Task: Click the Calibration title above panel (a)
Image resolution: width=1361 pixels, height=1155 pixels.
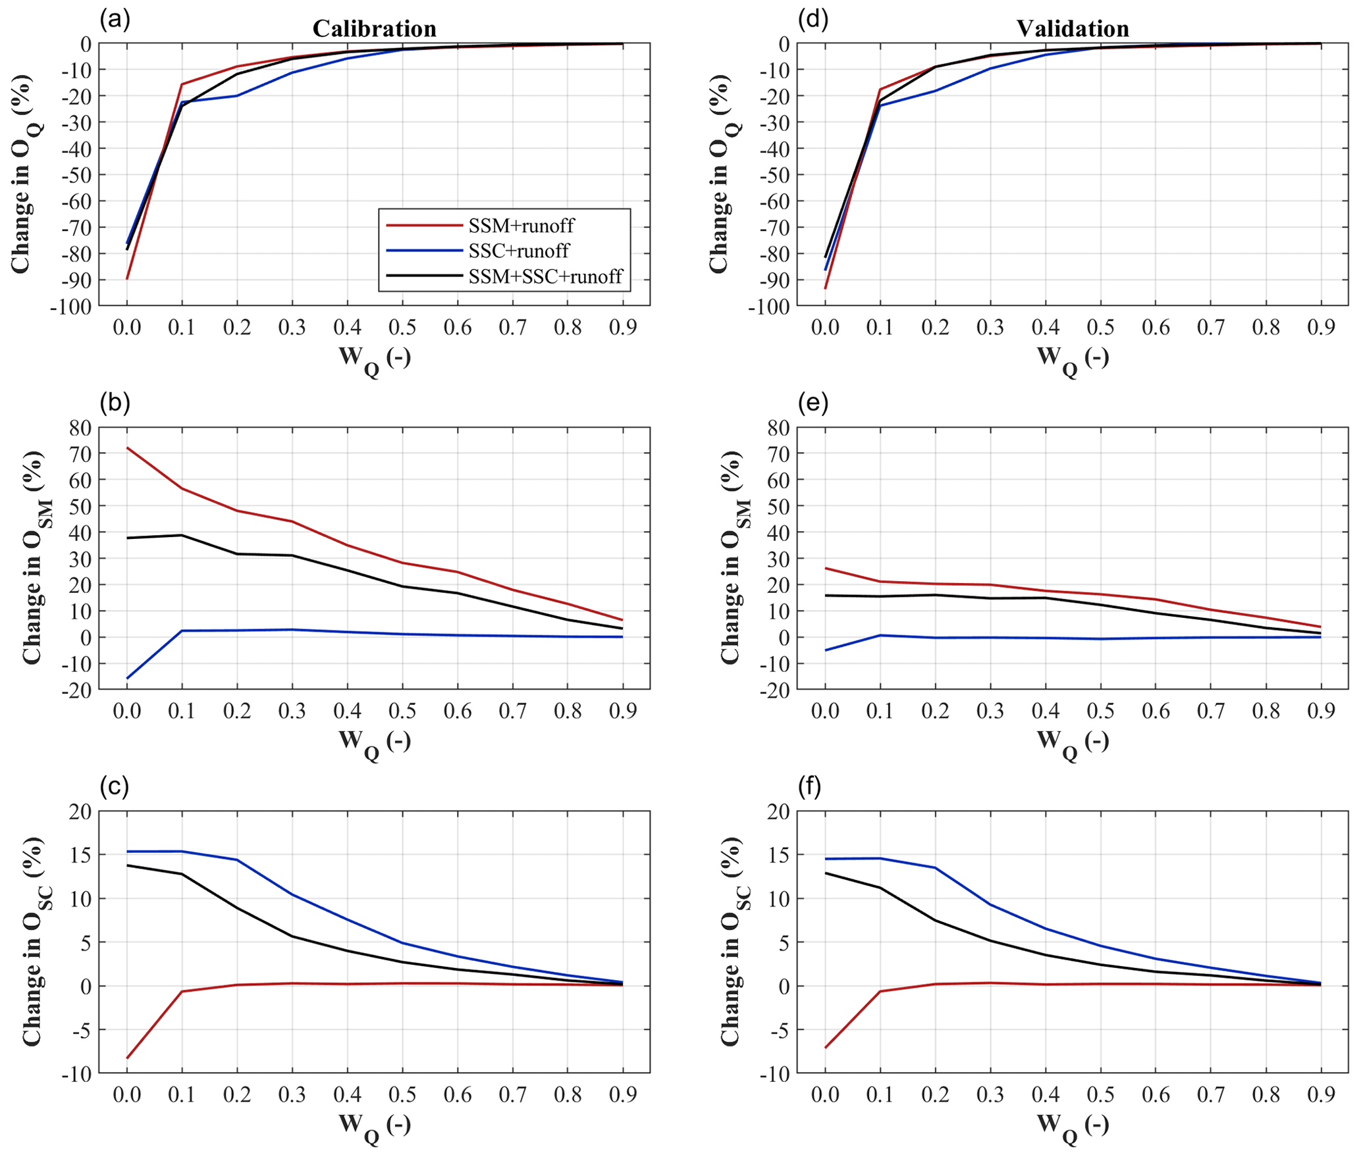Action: (x=374, y=28)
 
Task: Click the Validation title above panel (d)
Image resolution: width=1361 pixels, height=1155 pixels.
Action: (x=1073, y=28)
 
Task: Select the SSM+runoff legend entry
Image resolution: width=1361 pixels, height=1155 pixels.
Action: (x=520, y=226)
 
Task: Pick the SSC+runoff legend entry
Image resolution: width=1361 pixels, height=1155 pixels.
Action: (x=518, y=251)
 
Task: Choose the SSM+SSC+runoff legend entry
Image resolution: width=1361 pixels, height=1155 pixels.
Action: (x=545, y=276)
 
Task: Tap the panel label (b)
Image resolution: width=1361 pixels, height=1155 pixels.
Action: (x=115, y=403)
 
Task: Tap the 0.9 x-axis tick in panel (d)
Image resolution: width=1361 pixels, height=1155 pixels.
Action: (x=1320, y=327)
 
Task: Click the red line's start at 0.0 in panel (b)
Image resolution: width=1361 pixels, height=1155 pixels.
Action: (x=127, y=448)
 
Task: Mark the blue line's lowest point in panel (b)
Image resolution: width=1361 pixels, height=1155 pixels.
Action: (x=127, y=679)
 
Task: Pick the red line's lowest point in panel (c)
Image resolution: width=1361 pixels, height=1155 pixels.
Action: (x=127, y=1058)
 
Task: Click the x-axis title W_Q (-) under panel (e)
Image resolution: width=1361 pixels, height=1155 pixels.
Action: (x=1073, y=742)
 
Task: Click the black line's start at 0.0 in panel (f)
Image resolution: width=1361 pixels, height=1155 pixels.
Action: (x=825, y=873)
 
